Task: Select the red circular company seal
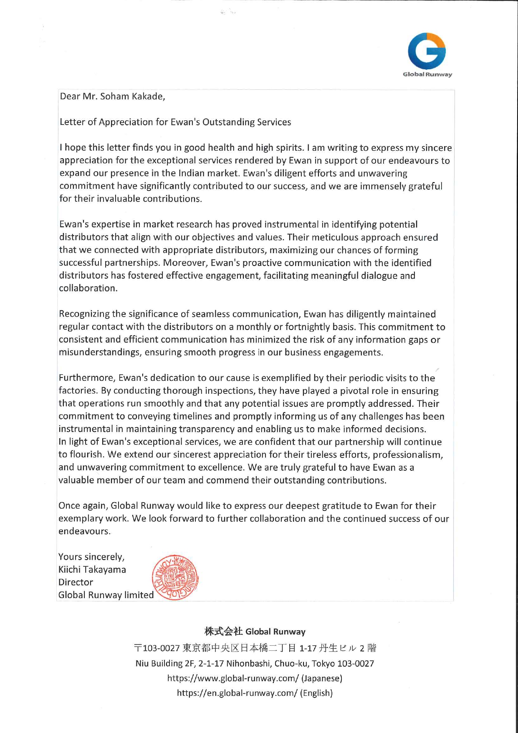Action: coord(175,578)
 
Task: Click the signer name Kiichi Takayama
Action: coord(92,570)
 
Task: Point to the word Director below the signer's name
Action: coord(76,582)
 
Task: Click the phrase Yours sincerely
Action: coord(91,557)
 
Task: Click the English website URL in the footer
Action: coord(237,693)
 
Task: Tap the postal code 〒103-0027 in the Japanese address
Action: coord(157,648)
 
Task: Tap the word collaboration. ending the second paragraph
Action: coord(88,288)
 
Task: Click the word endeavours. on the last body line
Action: coord(84,531)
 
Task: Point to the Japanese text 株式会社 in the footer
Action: coord(223,632)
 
